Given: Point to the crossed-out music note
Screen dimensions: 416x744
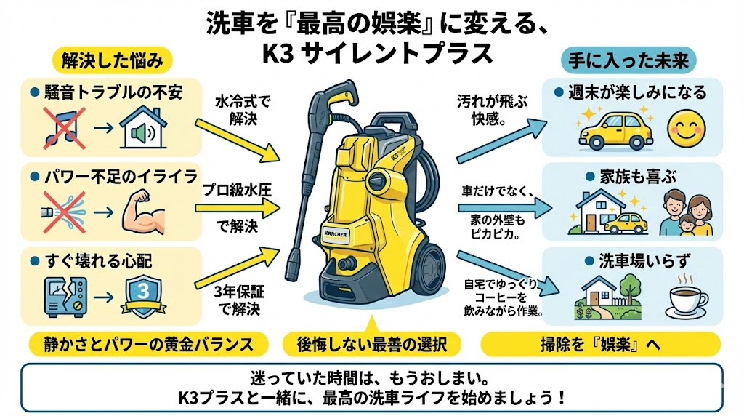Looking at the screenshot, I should click(64, 125).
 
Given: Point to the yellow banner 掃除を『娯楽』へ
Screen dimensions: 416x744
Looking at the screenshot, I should click(600, 343).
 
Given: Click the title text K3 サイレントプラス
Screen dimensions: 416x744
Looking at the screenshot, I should click(371, 53).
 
